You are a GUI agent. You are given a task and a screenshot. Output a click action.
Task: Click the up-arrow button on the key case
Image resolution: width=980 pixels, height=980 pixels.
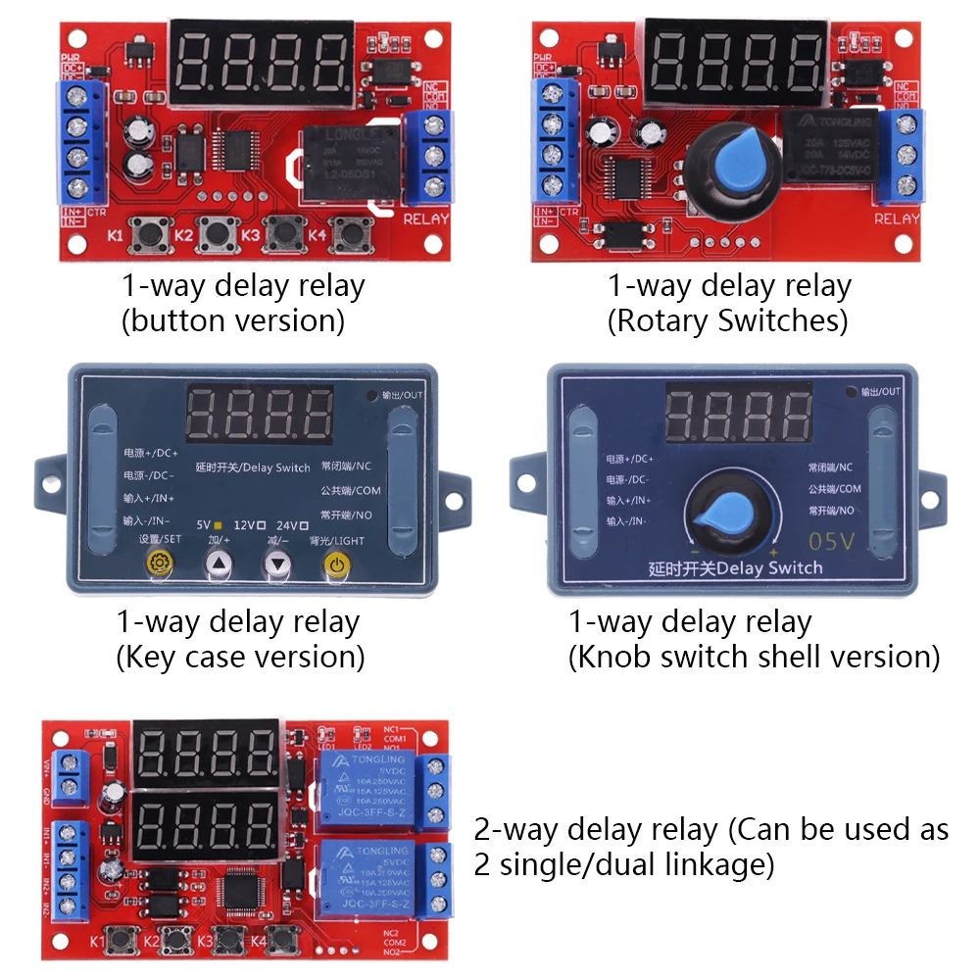(220, 563)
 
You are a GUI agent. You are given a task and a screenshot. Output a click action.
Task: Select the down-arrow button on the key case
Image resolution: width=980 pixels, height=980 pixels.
(279, 563)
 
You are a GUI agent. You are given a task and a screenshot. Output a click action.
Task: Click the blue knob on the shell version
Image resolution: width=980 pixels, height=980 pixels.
(730, 512)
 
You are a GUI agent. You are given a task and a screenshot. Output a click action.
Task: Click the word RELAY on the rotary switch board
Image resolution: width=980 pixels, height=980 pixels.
(897, 219)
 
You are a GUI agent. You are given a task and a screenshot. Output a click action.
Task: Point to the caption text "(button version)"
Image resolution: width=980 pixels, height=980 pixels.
(233, 321)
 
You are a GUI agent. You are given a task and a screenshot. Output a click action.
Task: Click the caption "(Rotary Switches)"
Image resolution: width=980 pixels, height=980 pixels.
(727, 321)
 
